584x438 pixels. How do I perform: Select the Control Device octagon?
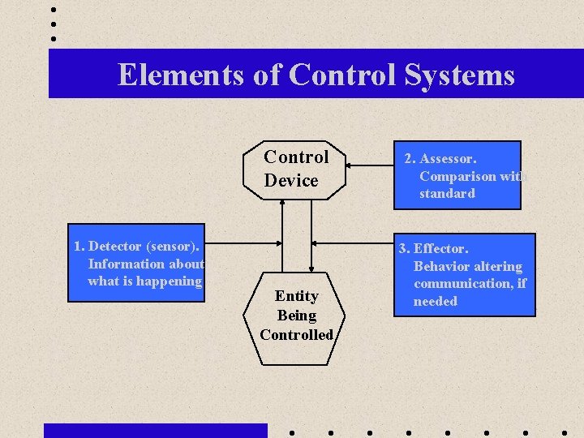coord(295,169)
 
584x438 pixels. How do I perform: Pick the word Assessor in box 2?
coord(447,159)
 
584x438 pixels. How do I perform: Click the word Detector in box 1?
coord(114,246)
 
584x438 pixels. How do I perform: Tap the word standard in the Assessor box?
coord(447,194)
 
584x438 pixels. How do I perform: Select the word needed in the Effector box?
coord(436,302)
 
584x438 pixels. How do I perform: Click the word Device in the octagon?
coord(291,181)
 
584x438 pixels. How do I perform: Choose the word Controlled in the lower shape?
coord(296,335)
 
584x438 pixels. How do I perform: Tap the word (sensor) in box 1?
coord(173,246)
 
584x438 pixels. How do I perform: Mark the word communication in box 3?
coord(462,284)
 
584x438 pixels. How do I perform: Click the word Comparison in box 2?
coord(457,176)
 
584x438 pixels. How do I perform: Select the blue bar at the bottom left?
coord(155,431)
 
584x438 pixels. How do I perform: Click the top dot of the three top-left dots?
coord(54,11)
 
